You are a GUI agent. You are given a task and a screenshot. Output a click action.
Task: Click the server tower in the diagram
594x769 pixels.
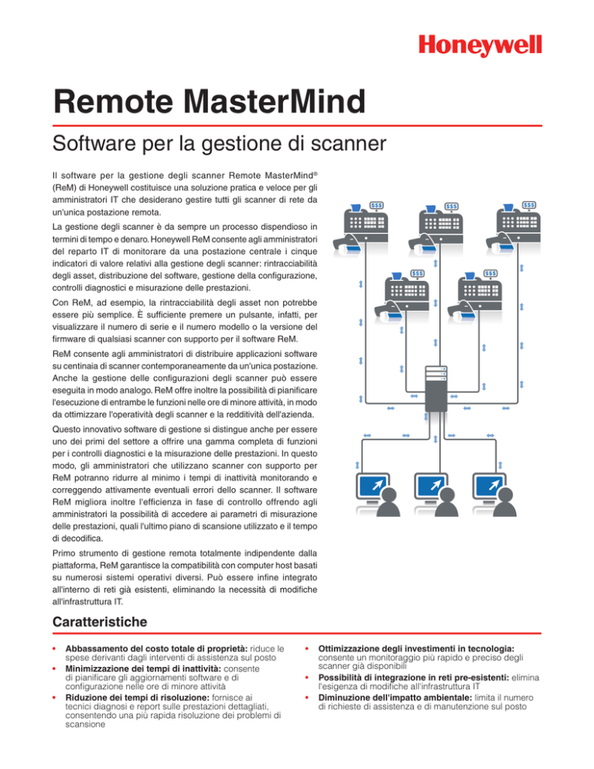tap(436, 391)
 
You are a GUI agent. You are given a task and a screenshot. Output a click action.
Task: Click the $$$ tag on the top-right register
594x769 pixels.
tap(529, 205)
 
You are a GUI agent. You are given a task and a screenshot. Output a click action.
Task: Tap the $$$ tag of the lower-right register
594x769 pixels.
tap(490, 273)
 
